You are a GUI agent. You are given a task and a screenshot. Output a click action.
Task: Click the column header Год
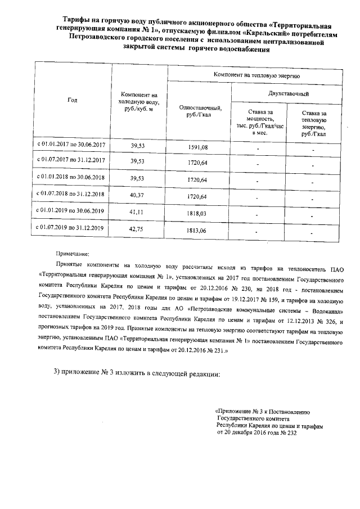72,100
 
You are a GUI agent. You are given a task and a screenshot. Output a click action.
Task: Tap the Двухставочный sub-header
288,93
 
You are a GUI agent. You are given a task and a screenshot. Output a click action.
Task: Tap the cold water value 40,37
138,196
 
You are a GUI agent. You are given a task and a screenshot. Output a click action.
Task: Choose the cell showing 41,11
138,213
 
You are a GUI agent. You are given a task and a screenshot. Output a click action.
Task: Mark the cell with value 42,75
138,230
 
